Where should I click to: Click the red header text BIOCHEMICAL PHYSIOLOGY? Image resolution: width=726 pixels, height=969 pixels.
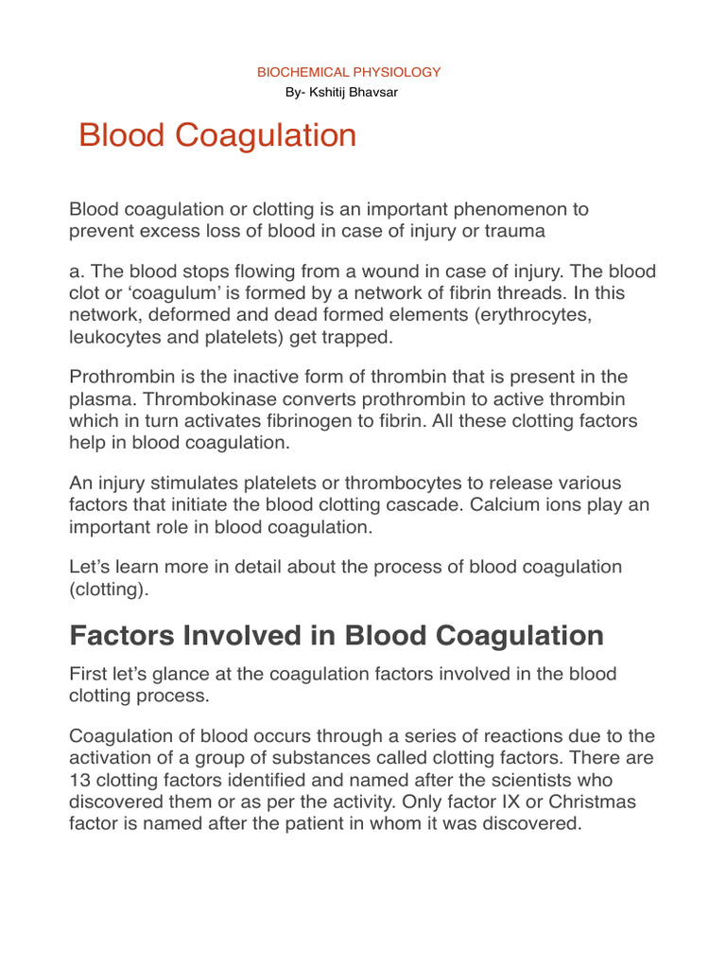tap(350, 72)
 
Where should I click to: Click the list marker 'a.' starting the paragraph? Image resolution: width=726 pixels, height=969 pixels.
tap(78, 272)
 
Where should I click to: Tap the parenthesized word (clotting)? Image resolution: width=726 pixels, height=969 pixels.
tap(109, 589)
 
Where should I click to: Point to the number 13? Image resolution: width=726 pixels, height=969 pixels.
tap(80, 781)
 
